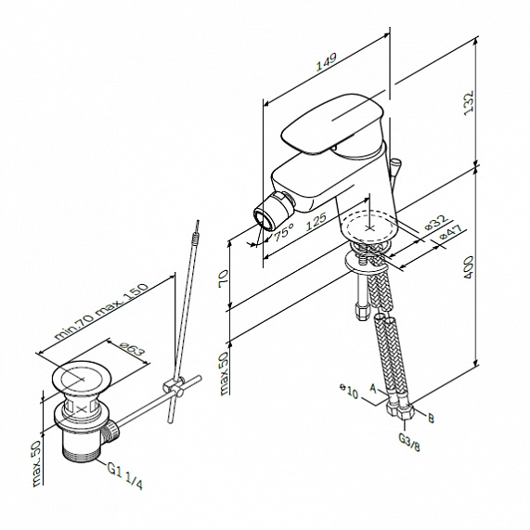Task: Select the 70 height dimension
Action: (223, 278)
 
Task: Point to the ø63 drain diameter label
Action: (130, 352)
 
